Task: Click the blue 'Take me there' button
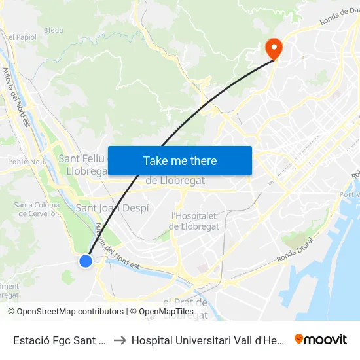[180, 160]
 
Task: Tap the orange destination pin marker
[272, 47]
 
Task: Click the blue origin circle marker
[86, 261]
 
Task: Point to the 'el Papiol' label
[22, 37]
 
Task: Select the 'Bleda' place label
[54, 30]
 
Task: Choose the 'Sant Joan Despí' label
[113, 208]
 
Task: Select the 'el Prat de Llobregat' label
[185, 308]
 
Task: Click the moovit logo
[321, 339]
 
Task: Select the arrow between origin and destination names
[120, 340]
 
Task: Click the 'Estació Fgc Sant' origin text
[60, 340]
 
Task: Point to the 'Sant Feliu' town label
[81, 158]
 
